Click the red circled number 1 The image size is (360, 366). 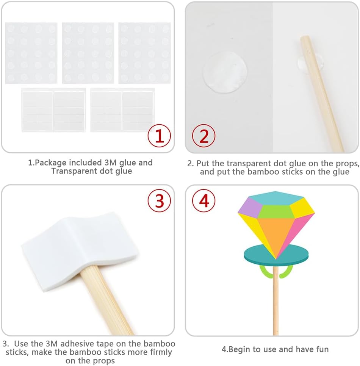tap(159, 136)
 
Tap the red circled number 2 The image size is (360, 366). tap(204, 136)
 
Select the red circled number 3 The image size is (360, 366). tap(159, 200)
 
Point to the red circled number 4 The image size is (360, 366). tap(204, 200)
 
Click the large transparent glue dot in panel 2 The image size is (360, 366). tap(225, 72)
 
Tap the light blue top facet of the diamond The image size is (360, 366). tap(275, 198)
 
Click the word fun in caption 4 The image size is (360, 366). tap(322, 349)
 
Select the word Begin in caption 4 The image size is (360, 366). tap(239, 349)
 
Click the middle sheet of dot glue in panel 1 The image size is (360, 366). tap(88, 53)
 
